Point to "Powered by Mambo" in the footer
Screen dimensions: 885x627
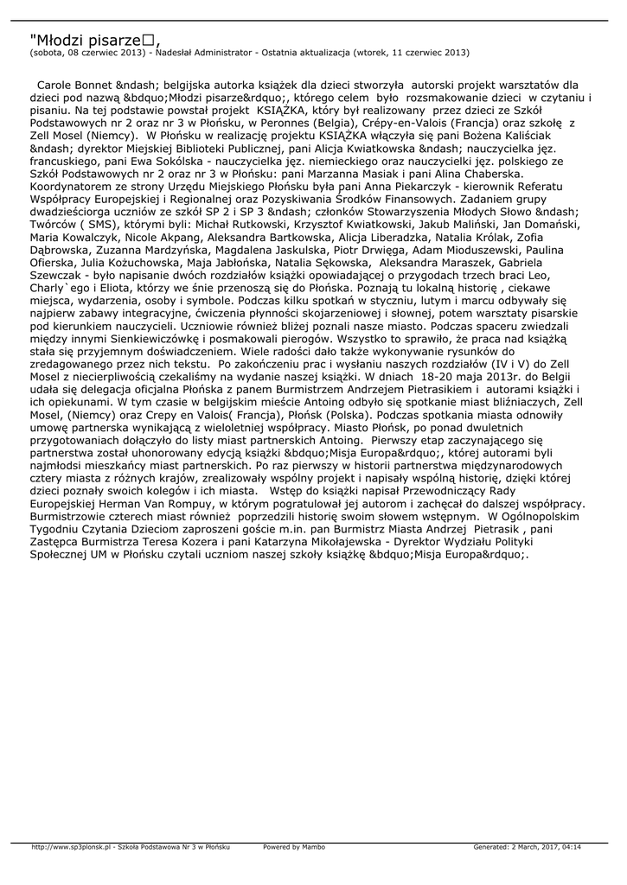[x=294, y=847]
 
